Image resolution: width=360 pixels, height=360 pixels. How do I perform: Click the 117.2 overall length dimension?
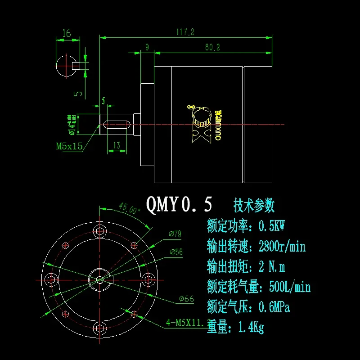(x=185, y=32)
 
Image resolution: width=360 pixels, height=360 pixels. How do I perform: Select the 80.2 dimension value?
(x=212, y=47)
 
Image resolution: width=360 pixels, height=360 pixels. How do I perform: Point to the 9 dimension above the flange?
(x=147, y=47)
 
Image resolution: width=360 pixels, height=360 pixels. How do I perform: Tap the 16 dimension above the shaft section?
(x=67, y=33)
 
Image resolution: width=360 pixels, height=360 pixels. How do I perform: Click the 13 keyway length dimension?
(x=116, y=145)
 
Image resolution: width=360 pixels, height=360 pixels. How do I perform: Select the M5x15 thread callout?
(x=69, y=146)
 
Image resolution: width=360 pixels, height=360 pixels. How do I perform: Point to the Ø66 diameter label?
(x=186, y=299)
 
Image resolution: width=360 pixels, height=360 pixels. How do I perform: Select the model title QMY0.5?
(x=179, y=205)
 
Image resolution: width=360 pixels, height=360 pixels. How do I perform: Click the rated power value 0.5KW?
(x=274, y=225)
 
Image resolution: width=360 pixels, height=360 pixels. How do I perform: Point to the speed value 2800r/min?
(x=282, y=246)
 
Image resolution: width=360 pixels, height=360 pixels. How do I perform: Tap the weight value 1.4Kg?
(x=252, y=328)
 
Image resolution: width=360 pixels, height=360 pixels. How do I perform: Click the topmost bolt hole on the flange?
(x=99, y=231)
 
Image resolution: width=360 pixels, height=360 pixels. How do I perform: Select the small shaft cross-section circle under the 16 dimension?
(x=66, y=66)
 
